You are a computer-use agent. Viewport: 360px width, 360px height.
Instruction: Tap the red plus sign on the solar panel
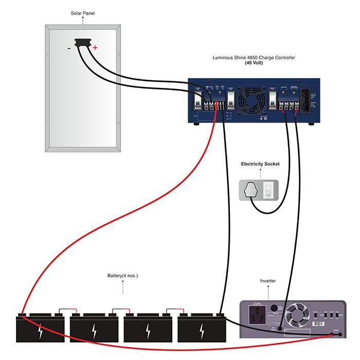point(95,48)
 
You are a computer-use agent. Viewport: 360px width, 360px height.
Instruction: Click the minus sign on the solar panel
point(69,49)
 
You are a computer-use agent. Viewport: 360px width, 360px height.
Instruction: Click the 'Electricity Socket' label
point(260,164)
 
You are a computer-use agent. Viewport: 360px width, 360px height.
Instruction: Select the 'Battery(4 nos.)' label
point(122,276)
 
